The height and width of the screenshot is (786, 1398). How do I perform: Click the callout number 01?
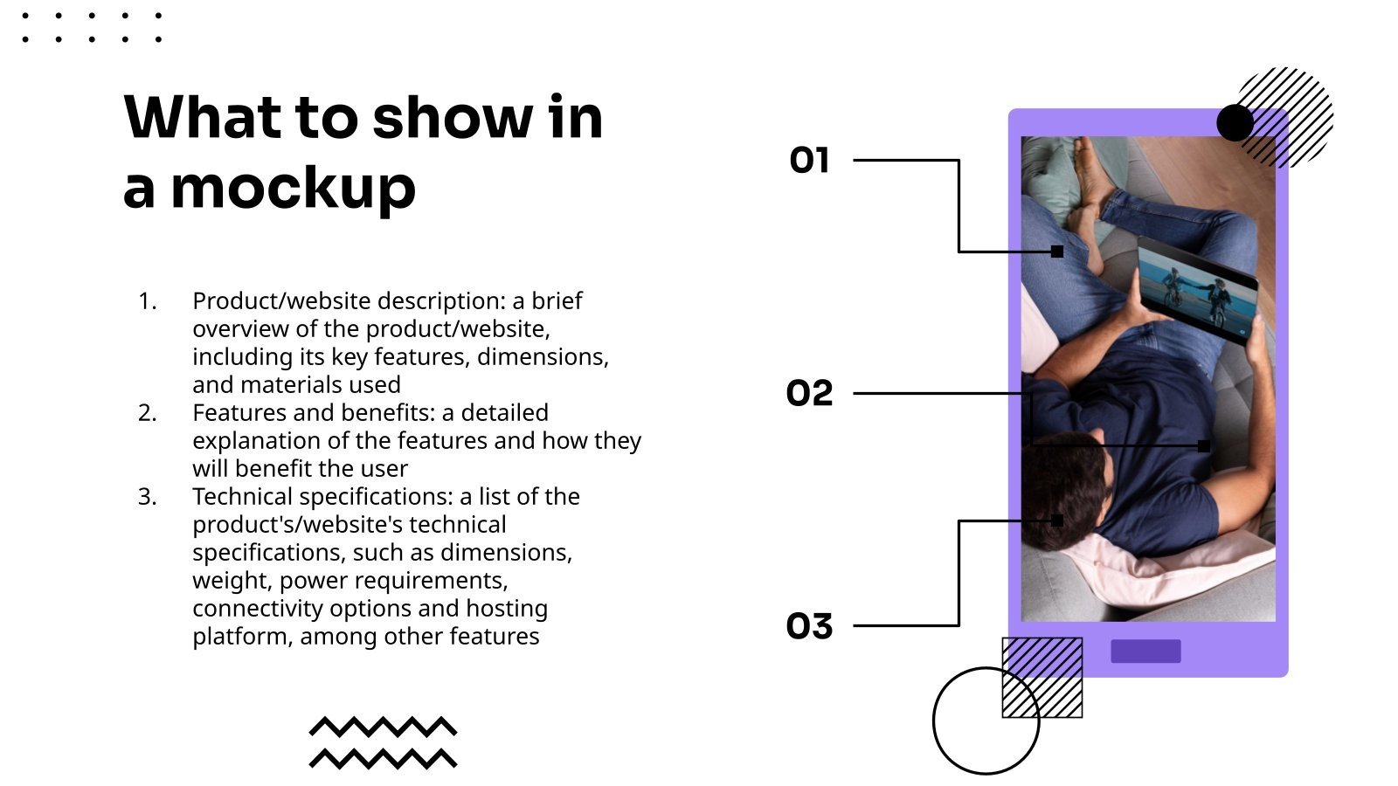click(809, 161)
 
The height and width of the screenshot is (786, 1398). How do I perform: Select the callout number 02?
click(809, 393)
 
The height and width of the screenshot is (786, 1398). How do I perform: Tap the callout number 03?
click(809, 625)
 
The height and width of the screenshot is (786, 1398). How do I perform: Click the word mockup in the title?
click(294, 190)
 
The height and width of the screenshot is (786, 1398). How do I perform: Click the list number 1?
click(148, 301)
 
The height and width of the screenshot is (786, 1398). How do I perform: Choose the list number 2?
click(148, 413)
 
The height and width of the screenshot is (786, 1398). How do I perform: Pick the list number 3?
click(148, 497)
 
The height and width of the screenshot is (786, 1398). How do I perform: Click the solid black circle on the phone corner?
click(1235, 123)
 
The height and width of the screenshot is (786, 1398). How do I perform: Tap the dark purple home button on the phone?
click(1145, 652)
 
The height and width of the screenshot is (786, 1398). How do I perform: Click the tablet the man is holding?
click(1197, 290)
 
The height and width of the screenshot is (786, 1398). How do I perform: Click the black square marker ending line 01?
click(1057, 252)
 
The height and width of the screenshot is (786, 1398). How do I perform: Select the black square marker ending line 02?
click(1204, 446)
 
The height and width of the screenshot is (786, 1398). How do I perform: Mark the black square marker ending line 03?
click(1057, 521)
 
